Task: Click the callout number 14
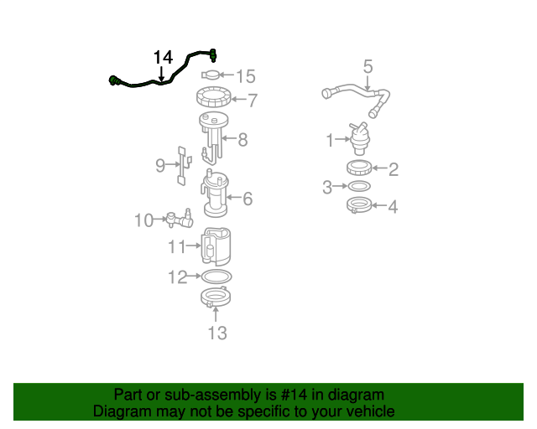(163, 57)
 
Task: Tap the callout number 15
(245, 77)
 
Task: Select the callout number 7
(252, 101)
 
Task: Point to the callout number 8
(242, 140)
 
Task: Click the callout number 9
(160, 166)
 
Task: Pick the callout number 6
(248, 199)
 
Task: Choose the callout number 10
(143, 220)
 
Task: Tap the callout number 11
(175, 246)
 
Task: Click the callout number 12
(177, 277)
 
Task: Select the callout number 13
(216, 333)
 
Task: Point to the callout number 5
(368, 66)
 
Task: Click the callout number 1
(331, 139)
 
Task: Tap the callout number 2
(393, 170)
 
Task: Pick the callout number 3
(327, 187)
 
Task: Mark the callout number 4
(393, 206)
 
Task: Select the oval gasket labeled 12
(216, 276)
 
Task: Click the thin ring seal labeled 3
(360, 186)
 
